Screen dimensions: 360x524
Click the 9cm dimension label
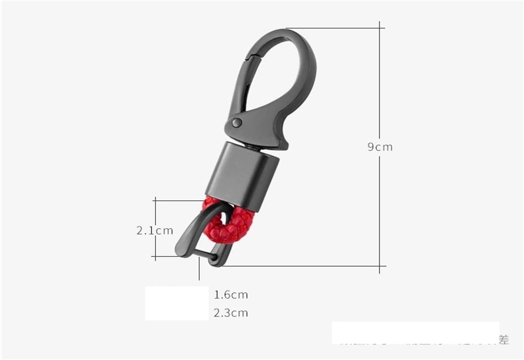380,147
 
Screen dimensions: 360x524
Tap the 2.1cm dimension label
154,230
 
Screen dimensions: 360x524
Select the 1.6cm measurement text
231,295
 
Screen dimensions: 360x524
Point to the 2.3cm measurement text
231,313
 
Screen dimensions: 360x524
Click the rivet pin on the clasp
237,122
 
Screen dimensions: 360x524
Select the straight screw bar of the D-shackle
205,255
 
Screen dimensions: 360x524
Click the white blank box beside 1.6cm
177,303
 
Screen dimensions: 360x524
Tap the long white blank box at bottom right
415,332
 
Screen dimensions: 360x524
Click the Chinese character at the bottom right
504,340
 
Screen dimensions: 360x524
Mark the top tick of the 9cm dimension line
380,28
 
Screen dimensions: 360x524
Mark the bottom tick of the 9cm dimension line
380,266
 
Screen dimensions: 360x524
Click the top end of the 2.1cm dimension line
155,201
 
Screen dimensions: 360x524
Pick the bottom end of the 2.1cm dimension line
155,257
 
